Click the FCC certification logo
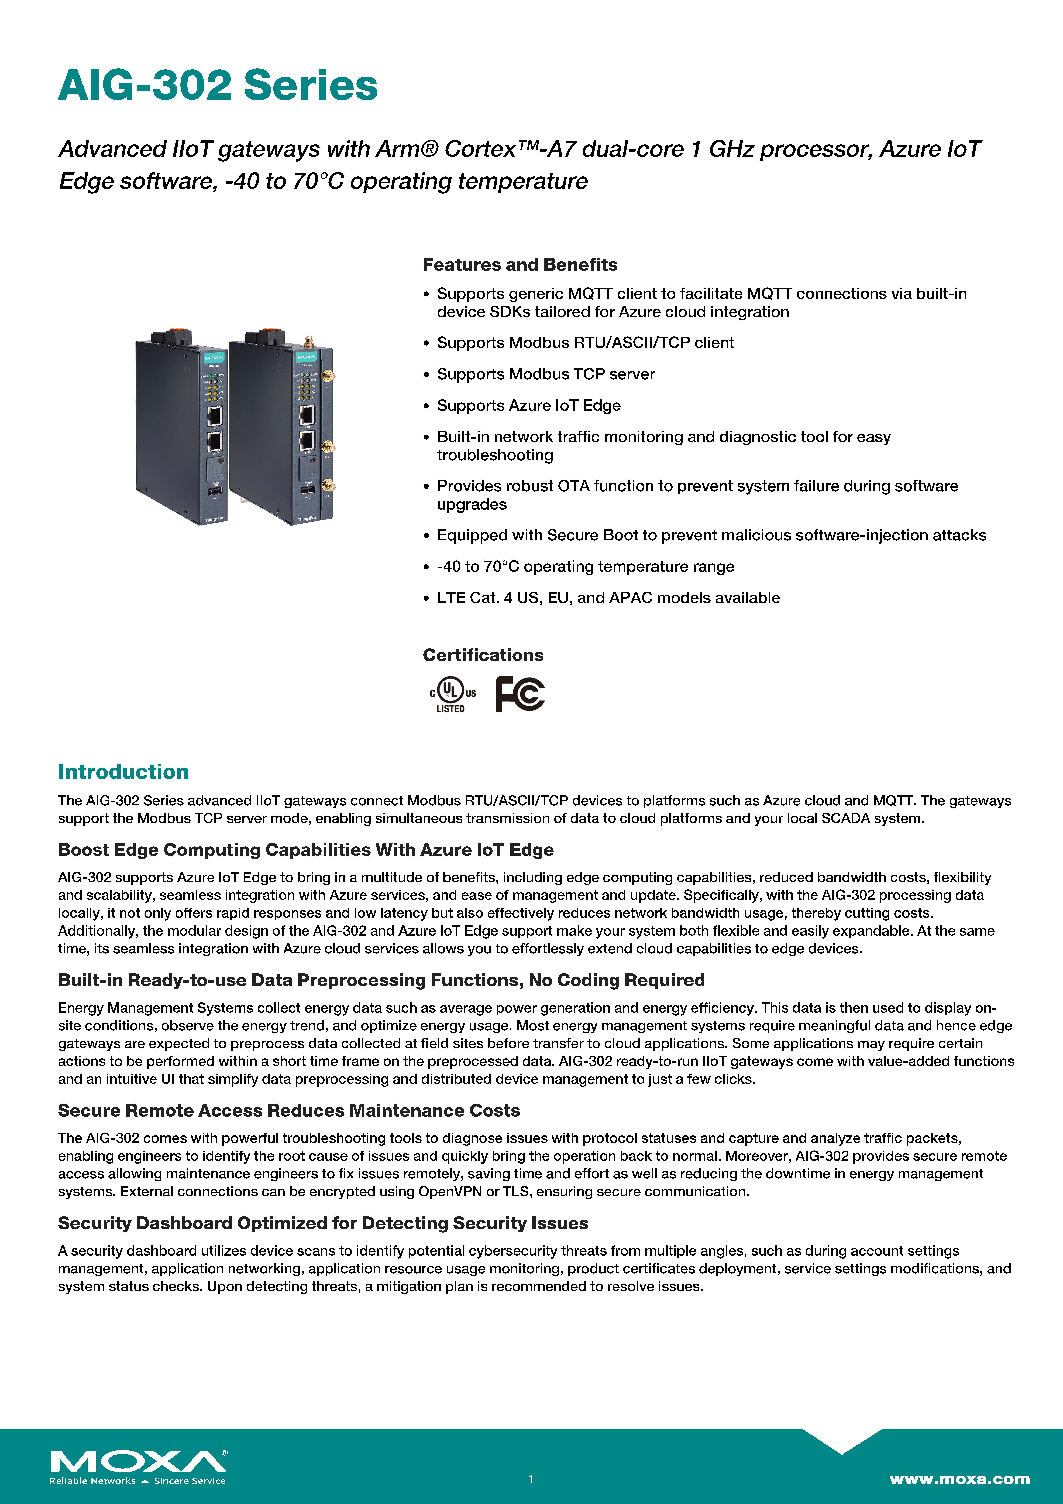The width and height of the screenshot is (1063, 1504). (x=520, y=694)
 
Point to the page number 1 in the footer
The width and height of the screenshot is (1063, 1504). (x=531, y=1479)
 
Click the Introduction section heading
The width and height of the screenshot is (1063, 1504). (x=123, y=772)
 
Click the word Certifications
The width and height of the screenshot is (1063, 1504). (x=483, y=655)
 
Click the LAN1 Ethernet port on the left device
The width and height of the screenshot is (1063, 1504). (x=214, y=415)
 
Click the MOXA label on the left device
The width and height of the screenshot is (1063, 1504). (x=214, y=358)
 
